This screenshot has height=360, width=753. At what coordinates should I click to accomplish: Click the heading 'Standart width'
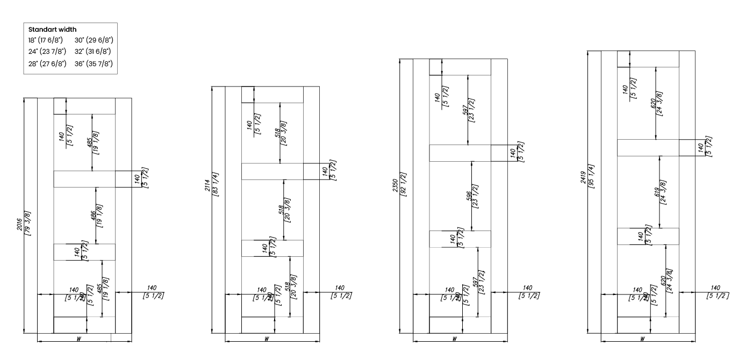(52, 30)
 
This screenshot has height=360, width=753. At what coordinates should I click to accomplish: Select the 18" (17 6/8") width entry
(47, 40)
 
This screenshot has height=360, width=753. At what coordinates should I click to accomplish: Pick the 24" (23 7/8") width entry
(47, 52)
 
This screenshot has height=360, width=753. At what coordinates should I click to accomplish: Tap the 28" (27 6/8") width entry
(47, 63)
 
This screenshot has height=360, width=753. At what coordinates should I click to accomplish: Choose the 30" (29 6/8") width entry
(94, 40)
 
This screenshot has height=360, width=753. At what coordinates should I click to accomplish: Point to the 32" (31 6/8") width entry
(94, 52)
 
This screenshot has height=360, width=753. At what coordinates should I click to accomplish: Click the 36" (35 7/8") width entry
(94, 63)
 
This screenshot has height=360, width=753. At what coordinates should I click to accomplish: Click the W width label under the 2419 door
(643, 339)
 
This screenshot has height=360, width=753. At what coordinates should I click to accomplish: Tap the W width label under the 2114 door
(267, 339)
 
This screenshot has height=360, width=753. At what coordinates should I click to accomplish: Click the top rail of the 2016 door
(84, 106)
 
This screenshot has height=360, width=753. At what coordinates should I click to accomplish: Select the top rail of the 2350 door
(460, 67)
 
